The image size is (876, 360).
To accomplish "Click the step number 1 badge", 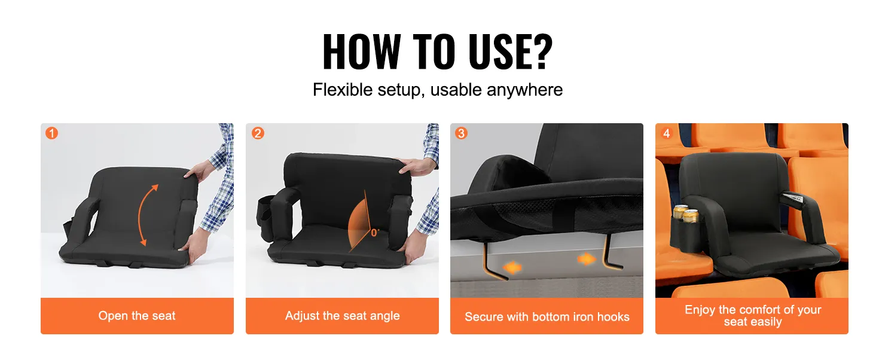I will [x=52, y=133].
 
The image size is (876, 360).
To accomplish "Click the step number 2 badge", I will [x=258, y=133].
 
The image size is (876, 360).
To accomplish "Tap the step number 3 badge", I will [x=461, y=133].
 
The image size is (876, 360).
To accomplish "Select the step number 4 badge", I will [x=667, y=133].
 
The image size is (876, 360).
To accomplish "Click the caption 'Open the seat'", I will [x=137, y=316].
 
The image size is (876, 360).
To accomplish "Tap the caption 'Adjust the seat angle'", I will [x=342, y=316].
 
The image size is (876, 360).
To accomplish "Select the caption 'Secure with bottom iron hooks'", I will [x=547, y=317].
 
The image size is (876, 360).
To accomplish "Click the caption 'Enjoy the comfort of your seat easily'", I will [x=752, y=316].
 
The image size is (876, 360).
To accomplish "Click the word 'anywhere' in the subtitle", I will [x=524, y=90].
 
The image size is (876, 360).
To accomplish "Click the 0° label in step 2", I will [x=375, y=233].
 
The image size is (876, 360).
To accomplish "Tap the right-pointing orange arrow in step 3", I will [x=587, y=259].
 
